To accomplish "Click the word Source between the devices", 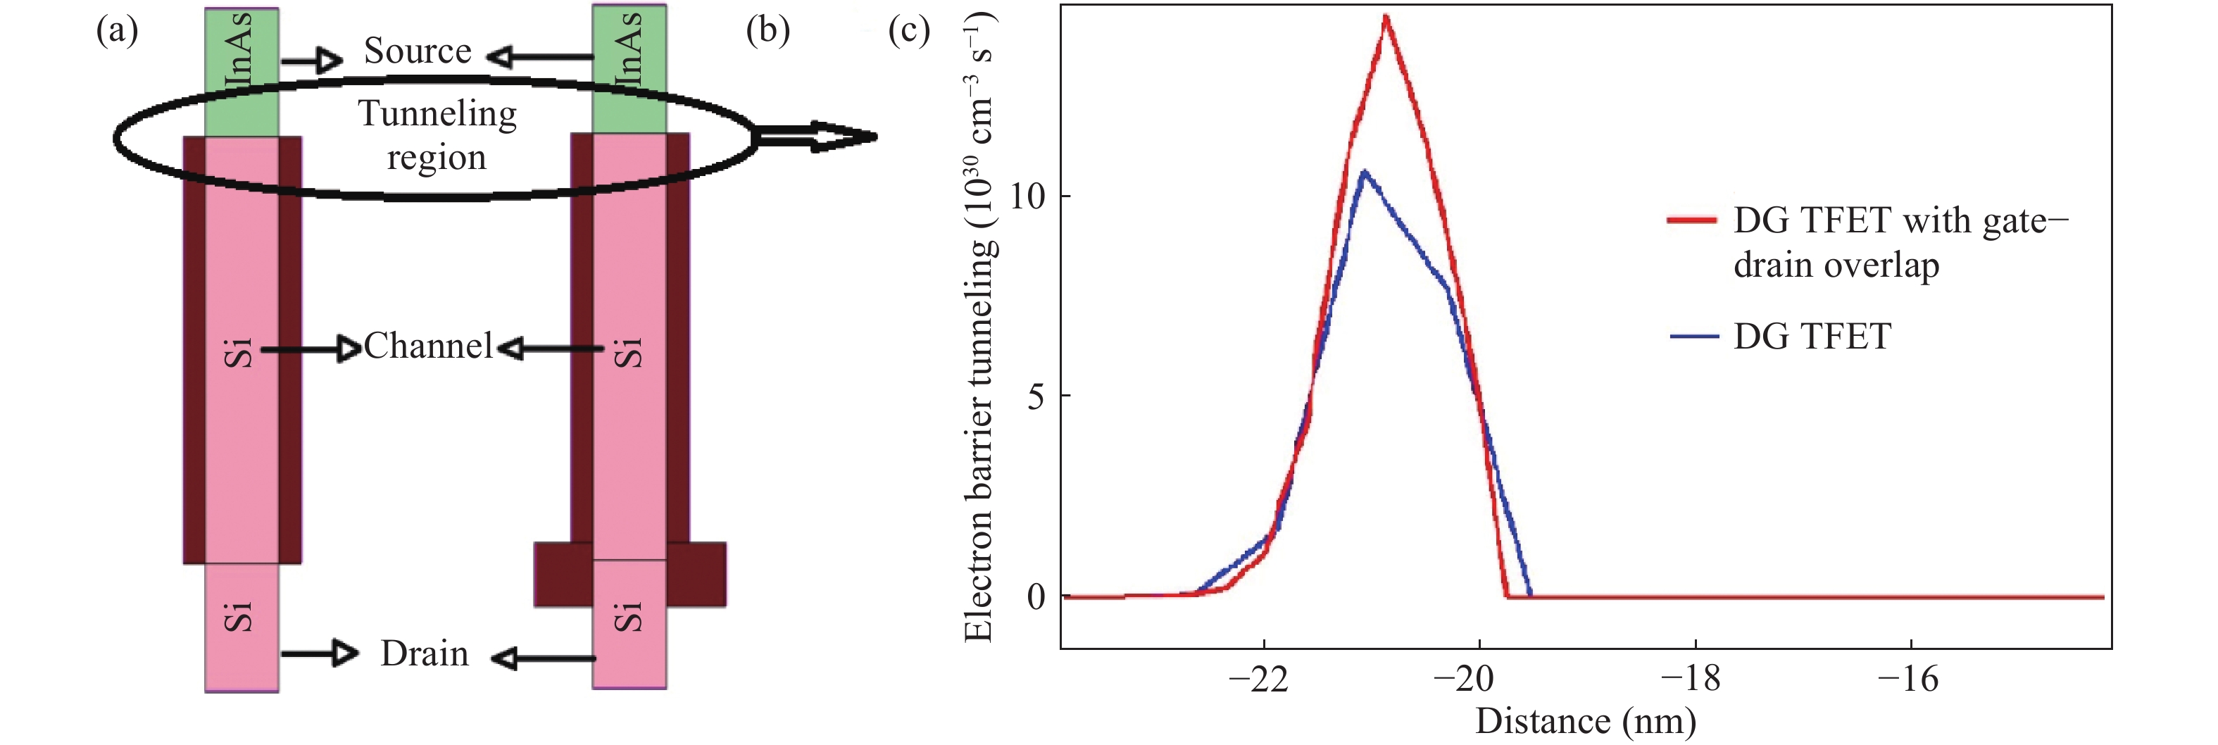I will click(x=418, y=51).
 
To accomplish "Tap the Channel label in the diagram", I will click(x=428, y=346).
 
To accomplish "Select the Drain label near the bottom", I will click(x=425, y=655).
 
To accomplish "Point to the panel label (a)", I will click(x=117, y=31).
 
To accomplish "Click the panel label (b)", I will click(x=767, y=31).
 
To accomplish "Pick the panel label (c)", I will click(x=908, y=31).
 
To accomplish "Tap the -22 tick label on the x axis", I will click(x=1258, y=680).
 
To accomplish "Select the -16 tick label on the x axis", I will click(x=1907, y=680).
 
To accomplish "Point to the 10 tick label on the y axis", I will click(x=1027, y=196).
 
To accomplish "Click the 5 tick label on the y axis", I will click(x=1036, y=397).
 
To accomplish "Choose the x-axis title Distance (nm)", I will click(x=1585, y=722).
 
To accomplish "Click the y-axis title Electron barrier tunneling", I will click(x=979, y=327).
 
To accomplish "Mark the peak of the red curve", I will click(x=1386, y=16).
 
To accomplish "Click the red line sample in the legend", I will click(x=1693, y=220).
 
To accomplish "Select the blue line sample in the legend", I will click(x=1693, y=337).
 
